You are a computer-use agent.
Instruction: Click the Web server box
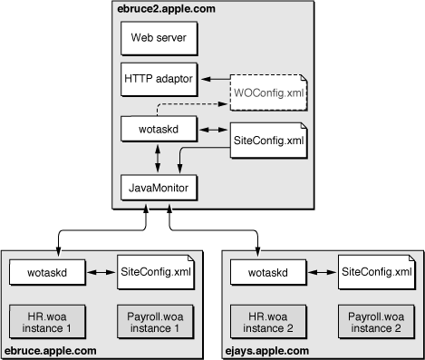click(157, 41)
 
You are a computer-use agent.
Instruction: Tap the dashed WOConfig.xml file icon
click(268, 88)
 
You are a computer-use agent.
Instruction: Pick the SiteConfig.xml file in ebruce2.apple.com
click(268, 141)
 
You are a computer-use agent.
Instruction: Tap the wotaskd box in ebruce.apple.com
click(46, 271)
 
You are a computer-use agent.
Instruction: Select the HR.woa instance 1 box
click(46, 318)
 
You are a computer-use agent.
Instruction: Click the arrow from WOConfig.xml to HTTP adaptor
click(213, 80)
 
